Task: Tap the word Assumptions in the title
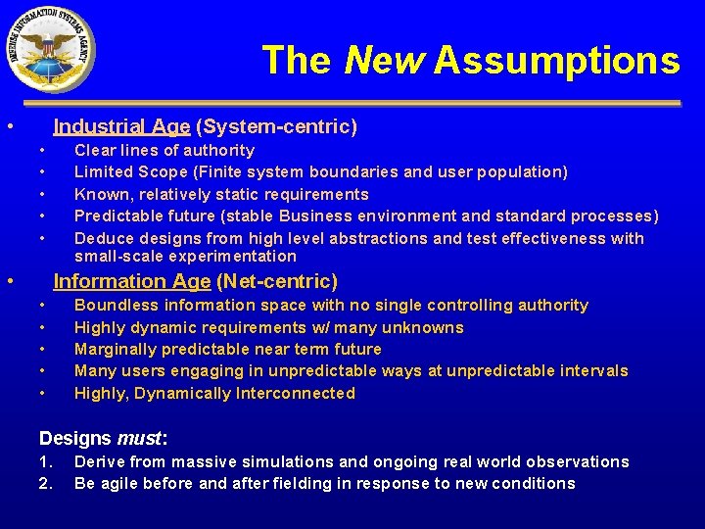click(556, 61)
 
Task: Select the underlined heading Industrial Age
click(121, 126)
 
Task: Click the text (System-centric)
click(277, 126)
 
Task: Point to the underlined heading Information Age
click(131, 281)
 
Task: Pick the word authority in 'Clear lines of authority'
click(221, 150)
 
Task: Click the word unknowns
click(425, 327)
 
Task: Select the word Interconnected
click(295, 393)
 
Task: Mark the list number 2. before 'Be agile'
click(45, 483)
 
